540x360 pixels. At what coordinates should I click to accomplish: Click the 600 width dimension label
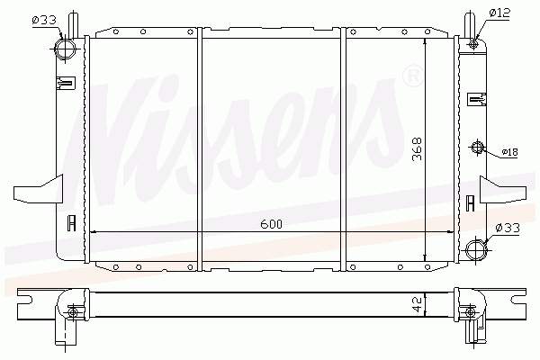272,224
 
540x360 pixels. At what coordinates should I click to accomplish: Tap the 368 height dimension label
418,148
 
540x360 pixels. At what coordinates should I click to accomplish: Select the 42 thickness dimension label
418,304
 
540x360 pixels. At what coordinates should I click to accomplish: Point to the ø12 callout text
499,13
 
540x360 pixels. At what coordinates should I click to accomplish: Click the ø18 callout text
509,152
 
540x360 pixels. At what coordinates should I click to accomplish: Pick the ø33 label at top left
44,21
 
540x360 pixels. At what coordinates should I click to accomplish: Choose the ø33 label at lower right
508,228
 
